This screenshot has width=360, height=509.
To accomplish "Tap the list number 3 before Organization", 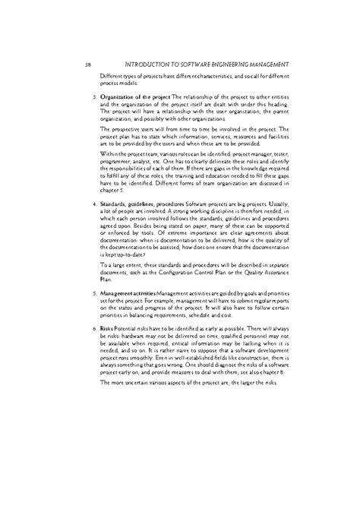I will coord(93,98).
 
